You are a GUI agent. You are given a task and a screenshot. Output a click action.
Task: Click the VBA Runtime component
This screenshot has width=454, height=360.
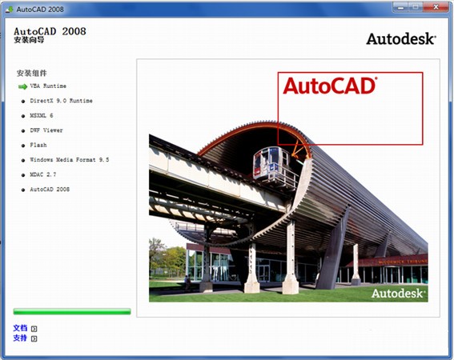point(48,86)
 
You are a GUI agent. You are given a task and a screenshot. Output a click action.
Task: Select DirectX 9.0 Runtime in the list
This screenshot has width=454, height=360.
point(61,101)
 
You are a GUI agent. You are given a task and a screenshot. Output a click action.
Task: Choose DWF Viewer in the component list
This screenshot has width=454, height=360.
point(46,130)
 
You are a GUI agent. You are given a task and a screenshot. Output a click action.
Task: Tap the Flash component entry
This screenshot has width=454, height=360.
point(38,145)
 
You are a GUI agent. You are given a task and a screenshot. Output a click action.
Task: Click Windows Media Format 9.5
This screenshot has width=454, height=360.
point(69,160)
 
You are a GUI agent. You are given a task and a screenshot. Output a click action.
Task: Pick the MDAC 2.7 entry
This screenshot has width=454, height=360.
point(43,174)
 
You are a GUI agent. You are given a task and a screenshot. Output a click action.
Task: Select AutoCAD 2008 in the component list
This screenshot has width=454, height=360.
point(50,190)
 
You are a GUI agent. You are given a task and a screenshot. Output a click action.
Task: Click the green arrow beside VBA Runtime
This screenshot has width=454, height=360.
point(22,86)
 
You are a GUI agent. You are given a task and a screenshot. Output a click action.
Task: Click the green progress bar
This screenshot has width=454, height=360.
point(71,311)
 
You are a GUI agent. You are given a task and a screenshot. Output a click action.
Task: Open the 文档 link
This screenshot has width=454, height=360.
point(20,328)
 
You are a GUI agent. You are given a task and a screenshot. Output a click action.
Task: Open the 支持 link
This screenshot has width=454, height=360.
point(20,338)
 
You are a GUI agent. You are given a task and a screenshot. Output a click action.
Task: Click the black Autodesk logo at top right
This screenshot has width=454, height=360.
point(401,38)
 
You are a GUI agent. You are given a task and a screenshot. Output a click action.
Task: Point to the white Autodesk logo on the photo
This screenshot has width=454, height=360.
point(398,294)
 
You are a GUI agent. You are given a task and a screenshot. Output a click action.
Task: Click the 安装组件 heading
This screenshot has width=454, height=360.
point(32,73)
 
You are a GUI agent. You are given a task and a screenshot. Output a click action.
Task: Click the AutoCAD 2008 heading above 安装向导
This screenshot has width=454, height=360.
point(50,30)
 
